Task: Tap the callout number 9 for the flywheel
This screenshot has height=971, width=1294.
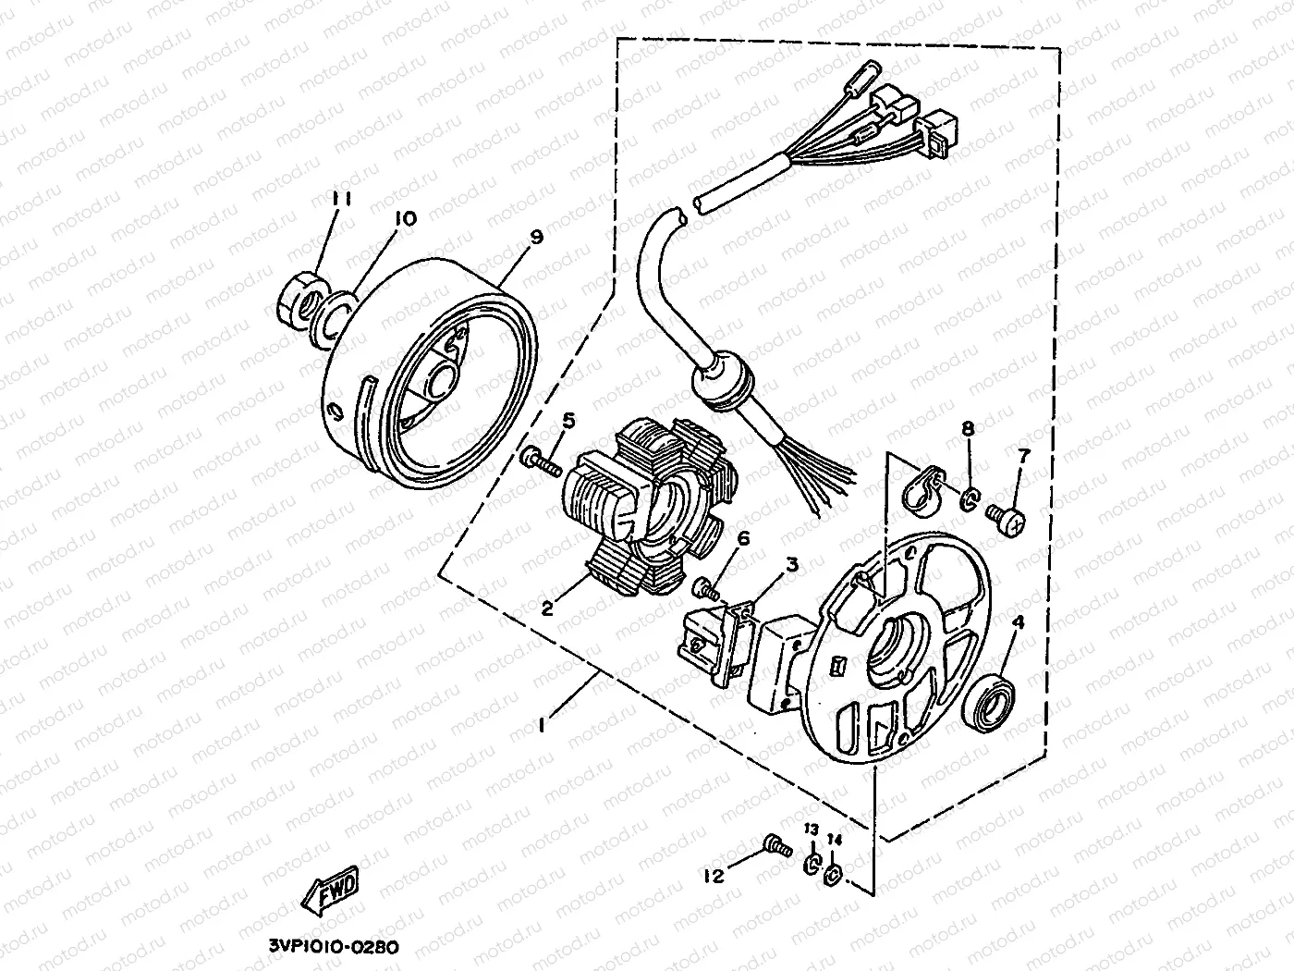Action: pos(536,238)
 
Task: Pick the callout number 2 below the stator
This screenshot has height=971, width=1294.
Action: pos(547,608)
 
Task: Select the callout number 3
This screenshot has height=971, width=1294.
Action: pos(792,563)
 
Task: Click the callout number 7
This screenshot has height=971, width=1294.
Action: pos(1023,456)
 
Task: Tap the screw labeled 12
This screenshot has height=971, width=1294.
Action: pos(775,843)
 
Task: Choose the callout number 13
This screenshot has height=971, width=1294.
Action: pos(811,829)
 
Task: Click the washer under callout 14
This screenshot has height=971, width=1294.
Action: pos(832,872)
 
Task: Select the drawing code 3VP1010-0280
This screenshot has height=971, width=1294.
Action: pos(334,946)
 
